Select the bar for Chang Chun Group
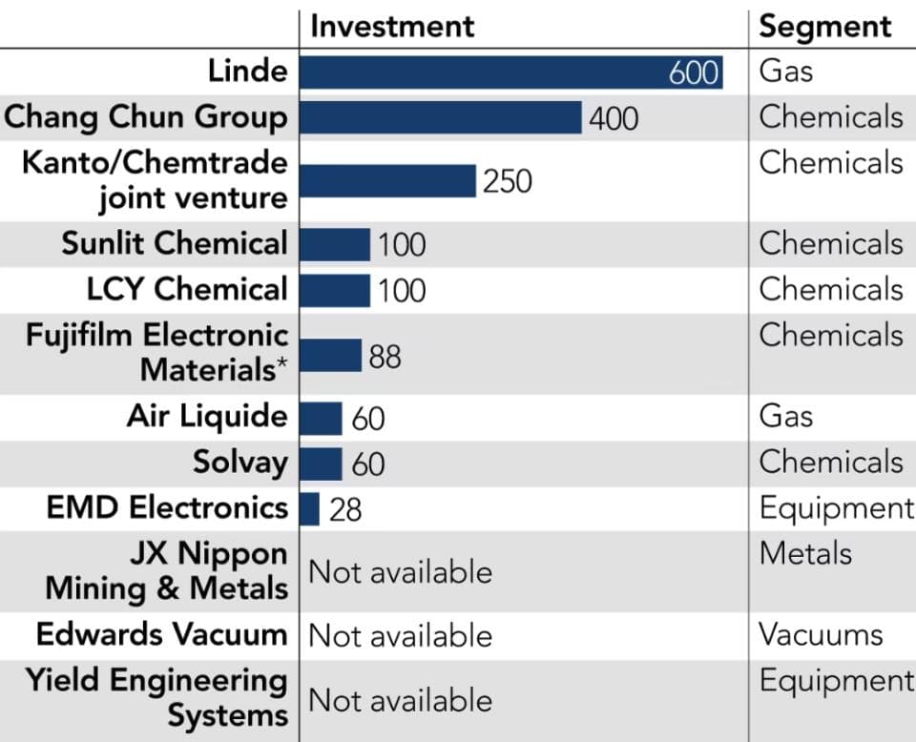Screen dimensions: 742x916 (x=440, y=117)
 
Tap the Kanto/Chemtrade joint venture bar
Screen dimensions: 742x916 (x=387, y=180)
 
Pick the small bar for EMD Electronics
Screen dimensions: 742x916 (x=309, y=509)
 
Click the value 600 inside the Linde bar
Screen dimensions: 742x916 (x=694, y=72)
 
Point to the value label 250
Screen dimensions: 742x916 (x=508, y=181)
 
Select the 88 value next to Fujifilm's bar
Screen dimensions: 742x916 (x=385, y=357)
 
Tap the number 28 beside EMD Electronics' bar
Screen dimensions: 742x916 (x=345, y=510)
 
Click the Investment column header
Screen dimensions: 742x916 (x=392, y=26)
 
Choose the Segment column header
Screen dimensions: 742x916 (x=825, y=26)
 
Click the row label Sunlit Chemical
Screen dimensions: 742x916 (x=174, y=243)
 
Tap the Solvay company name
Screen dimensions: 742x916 (x=239, y=463)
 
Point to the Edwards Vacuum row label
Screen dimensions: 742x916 (x=161, y=634)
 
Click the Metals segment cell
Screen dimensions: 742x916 (x=805, y=553)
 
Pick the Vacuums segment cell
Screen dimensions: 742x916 (x=821, y=634)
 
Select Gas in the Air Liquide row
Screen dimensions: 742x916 (x=785, y=416)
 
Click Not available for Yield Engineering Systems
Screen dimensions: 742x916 (x=400, y=701)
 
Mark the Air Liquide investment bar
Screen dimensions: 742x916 (x=321, y=418)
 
